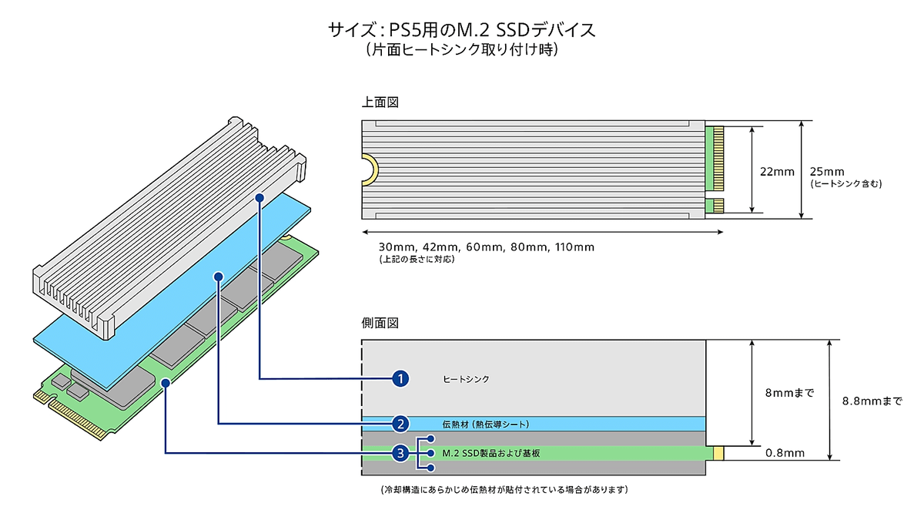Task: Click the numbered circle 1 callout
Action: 400,378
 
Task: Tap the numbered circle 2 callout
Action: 400,424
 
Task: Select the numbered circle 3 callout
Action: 400,453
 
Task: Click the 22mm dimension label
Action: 777,172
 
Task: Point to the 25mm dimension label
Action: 827,172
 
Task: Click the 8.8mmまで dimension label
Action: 872,401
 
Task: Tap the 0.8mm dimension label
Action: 785,453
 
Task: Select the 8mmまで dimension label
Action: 789,393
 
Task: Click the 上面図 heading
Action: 380,102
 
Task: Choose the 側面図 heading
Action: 380,323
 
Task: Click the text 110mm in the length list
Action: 574,247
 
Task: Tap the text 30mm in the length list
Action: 397,247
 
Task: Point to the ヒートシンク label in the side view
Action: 466,379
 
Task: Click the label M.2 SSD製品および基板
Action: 491,453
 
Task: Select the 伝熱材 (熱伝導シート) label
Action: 486,424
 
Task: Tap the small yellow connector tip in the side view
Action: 718,453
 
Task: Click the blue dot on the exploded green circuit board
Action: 166,383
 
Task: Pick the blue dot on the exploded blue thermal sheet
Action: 219,277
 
